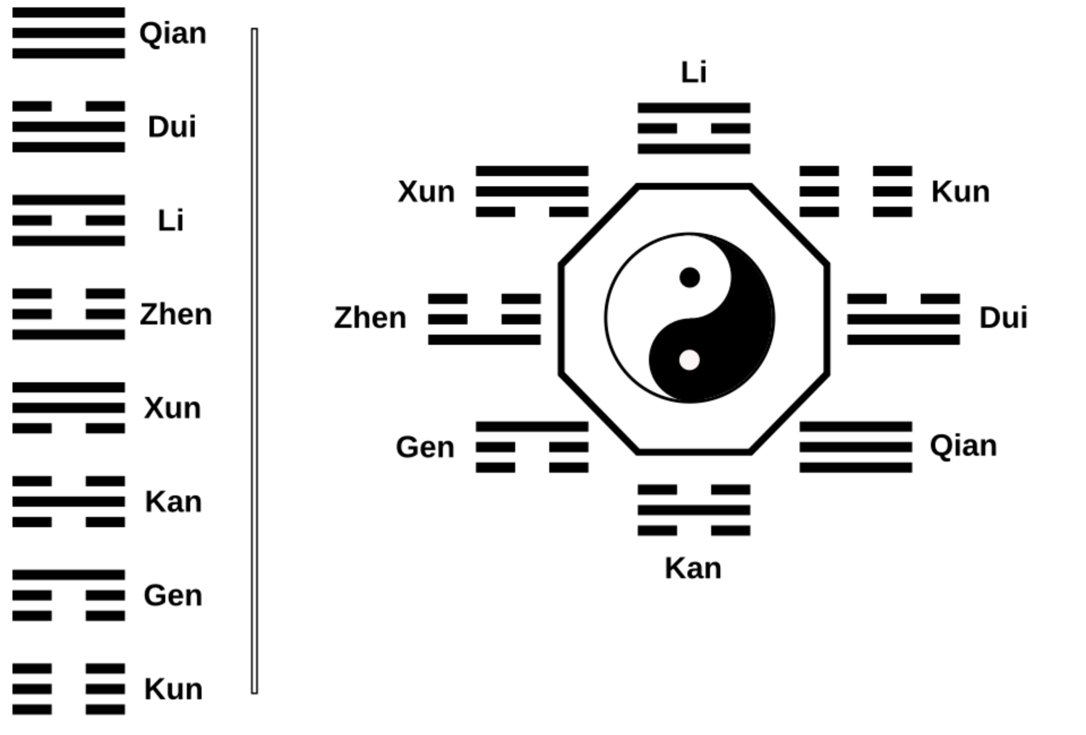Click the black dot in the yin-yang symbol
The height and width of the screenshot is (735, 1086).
click(x=689, y=277)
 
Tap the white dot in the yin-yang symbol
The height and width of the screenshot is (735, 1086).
click(x=689, y=360)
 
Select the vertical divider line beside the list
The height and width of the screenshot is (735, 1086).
click(x=254, y=360)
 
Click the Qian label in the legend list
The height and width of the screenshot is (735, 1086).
click(x=173, y=33)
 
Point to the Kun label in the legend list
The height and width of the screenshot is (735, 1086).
click(x=173, y=689)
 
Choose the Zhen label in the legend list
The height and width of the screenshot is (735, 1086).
click(x=176, y=314)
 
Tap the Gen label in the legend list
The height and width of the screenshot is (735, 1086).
click(x=173, y=596)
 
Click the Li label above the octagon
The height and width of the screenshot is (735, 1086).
click(x=694, y=72)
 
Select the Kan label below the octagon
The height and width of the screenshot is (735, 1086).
click(x=693, y=568)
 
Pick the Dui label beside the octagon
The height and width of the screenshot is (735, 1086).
click(x=1003, y=318)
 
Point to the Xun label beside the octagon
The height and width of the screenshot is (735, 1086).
click(x=426, y=191)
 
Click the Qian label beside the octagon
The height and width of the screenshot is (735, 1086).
click(x=963, y=446)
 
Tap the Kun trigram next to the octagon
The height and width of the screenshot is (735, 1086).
click(x=856, y=191)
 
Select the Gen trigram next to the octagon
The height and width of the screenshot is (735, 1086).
click(x=532, y=447)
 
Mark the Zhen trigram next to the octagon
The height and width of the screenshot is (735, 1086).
click(x=484, y=319)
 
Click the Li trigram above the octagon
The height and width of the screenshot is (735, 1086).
click(x=694, y=129)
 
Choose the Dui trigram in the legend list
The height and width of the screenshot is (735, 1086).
click(x=69, y=127)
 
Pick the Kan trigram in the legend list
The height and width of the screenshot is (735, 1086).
click(x=69, y=502)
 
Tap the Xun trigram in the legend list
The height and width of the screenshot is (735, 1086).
click(x=69, y=408)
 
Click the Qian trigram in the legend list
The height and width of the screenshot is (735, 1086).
click(x=69, y=33)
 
